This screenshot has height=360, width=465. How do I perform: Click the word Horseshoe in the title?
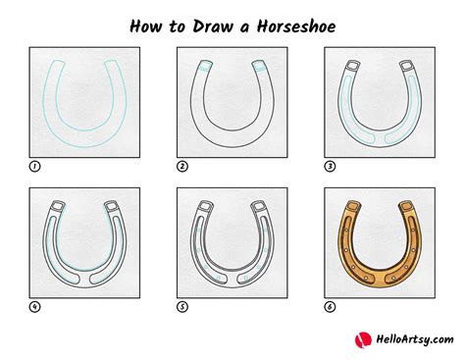click(296, 26)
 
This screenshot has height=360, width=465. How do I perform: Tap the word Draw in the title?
click(213, 26)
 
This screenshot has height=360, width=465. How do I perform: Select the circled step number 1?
click(34, 167)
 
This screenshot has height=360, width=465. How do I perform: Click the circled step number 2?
click(182, 167)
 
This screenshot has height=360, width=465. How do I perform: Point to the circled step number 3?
click(330, 167)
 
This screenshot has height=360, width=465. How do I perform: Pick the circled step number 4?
click(34, 307)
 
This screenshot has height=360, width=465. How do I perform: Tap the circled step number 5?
click(182, 307)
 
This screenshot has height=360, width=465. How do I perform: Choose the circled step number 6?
click(330, 307)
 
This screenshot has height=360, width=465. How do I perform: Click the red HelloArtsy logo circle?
click(363, 340)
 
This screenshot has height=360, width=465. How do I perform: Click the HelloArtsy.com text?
click(415, 339)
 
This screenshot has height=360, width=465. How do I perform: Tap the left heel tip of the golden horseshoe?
click(354, 206)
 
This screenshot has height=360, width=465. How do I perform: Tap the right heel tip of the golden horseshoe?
click(406, 206)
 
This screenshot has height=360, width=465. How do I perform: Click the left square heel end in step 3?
click(353, 66)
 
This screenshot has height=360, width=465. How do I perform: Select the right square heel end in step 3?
click(406, 66)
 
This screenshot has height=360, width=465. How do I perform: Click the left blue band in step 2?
click(205, 70)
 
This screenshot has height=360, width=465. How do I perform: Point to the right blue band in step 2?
click(259, 69)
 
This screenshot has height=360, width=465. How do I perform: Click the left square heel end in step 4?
click(58, 206)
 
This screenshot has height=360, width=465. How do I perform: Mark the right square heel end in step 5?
click(258, 206)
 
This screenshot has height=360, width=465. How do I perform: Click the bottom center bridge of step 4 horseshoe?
click(84, 280)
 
